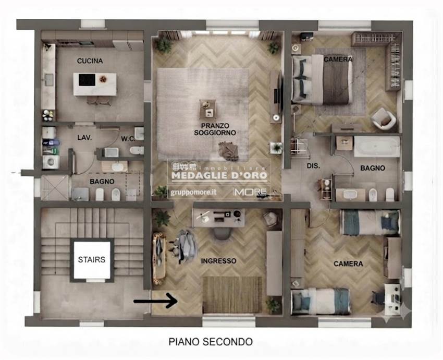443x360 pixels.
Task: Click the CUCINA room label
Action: point(90,61)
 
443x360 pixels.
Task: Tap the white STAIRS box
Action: point(92,260)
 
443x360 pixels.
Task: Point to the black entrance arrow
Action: point(155,301)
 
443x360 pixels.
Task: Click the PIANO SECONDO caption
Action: point(211,342)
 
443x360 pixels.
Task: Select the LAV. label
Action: point(84,138)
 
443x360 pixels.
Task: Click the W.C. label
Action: point(128,139)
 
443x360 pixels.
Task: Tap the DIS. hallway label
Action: point(314,166)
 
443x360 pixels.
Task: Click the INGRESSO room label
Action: point(218,261)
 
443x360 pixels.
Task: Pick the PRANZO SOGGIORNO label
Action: point(215,129)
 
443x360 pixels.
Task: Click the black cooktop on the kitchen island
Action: point(87,80)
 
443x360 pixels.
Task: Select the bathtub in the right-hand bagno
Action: point(377,146)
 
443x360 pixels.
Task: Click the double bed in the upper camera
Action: point(322,80)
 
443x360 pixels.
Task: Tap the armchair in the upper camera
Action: point(384,119)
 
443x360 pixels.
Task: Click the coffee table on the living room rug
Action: point(207,109)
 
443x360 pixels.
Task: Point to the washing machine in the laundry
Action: point(51,162)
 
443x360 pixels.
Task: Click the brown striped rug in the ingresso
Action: point(232,295)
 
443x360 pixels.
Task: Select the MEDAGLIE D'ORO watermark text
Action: point(219,176)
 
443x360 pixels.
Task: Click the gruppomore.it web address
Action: point(193,193)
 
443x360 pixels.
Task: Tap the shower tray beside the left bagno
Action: point(55,188)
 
